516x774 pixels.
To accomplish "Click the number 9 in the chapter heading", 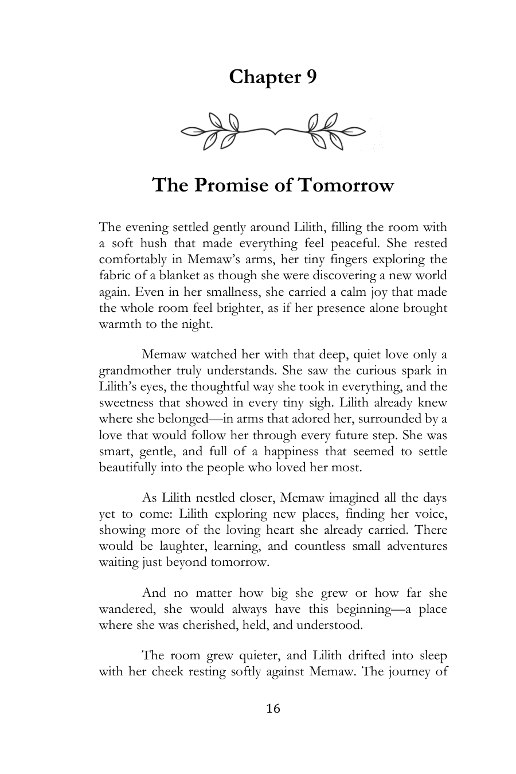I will tap(310, 77).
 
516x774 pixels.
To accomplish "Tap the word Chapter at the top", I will tap(260, 77).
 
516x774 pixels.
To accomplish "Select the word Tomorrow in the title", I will tap(347, 185).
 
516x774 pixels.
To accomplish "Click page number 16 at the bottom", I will tap(273, 709).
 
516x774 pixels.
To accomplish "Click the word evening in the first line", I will tap(144, 227).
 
